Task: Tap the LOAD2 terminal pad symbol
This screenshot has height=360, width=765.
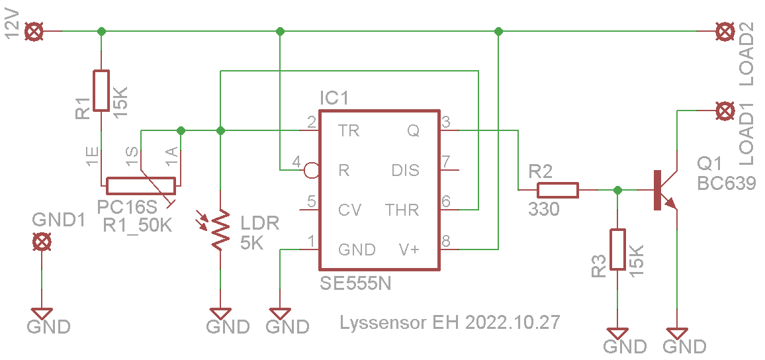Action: (x=724, y=32)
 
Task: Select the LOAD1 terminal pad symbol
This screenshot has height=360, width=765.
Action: (x=724, y=111)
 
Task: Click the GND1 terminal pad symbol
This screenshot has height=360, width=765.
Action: (x=42, y=242)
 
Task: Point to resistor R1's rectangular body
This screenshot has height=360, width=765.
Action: (x=101, y=90)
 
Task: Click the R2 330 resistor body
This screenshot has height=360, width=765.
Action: (x=558, y=190)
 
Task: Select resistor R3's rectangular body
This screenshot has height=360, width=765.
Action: (x=617, y=249)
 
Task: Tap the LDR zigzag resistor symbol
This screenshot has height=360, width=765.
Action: (x=220, y=230)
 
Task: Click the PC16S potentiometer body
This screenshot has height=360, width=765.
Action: (x=141, y=186)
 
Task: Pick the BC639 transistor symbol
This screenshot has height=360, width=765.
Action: (x=666, y=190)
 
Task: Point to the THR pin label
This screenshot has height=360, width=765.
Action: (x=402, y=210)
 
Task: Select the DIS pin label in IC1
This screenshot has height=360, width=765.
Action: (x=406, y=171)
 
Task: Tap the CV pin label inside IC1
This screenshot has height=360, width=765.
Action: (x=350, y=210)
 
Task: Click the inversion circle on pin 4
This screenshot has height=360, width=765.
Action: (x=311, y=170)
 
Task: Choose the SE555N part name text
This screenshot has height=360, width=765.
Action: (x=355, y=283)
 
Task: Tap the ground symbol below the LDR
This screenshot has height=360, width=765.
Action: (x=220, y=312)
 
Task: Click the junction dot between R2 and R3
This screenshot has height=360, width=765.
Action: (x=617, y=190)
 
